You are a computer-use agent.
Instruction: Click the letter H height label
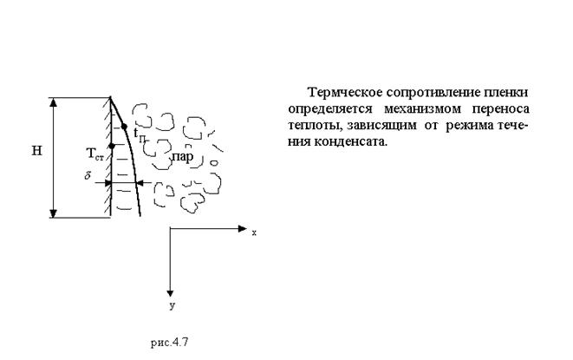(37, 150)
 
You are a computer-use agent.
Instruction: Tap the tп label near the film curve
(139, 134)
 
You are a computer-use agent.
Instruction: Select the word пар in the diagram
(183, 156)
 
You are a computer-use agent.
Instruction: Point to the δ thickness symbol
(88, 176)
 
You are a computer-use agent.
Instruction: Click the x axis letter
(254, 232)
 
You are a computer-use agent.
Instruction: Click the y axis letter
(172, 305)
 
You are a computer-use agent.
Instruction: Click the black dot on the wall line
(111, 145)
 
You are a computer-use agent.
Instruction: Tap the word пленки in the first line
(506, 92)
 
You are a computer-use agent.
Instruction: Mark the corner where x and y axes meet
(172, 229)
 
